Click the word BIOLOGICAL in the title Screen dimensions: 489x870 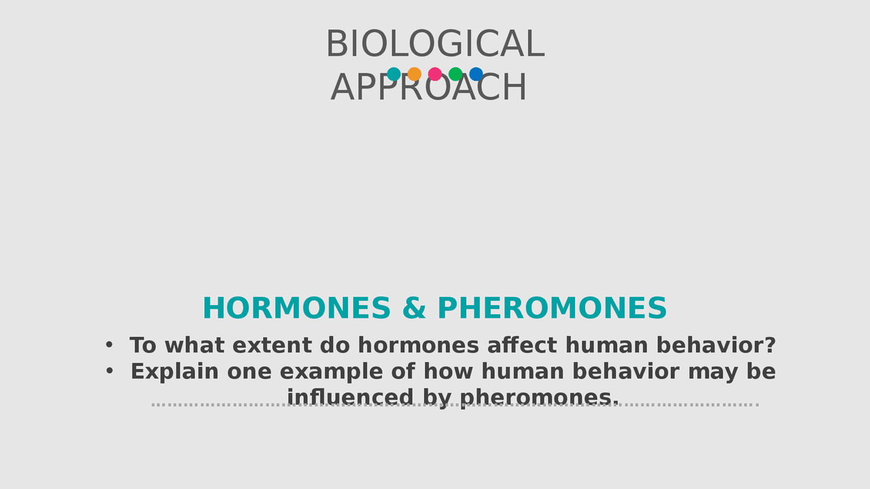[435, 45]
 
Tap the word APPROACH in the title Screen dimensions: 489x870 [429, 88]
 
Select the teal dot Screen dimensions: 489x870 [394, 74]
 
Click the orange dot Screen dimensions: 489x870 [414, 74]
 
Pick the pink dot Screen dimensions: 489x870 [435, 74]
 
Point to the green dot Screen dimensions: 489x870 [455, 74]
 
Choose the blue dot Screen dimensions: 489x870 [476, 74]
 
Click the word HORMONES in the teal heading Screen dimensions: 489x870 [296, 308]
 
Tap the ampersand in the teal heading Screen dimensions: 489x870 [413, 308]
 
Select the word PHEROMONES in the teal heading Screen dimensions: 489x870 [552, 308]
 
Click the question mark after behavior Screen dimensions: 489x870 [770, 346]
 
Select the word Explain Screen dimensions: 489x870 [175, 372]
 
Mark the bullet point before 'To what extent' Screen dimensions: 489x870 [109, 345]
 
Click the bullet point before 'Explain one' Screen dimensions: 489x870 [109, 372]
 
